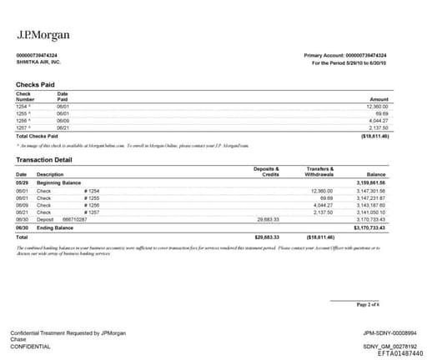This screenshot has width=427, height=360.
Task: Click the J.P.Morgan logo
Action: [43, 35]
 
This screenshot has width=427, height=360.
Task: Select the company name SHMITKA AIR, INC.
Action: [38, 62]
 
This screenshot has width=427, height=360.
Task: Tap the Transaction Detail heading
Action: [44, 159]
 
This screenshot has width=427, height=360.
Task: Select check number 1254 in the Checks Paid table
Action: [23, 107]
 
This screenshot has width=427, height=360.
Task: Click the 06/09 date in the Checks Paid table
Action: [63, 120]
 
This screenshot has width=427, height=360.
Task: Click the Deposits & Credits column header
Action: [266, 171]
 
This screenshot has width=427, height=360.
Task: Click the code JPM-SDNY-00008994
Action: [383, 332]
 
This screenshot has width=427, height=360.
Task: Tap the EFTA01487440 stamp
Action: [394, 353]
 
